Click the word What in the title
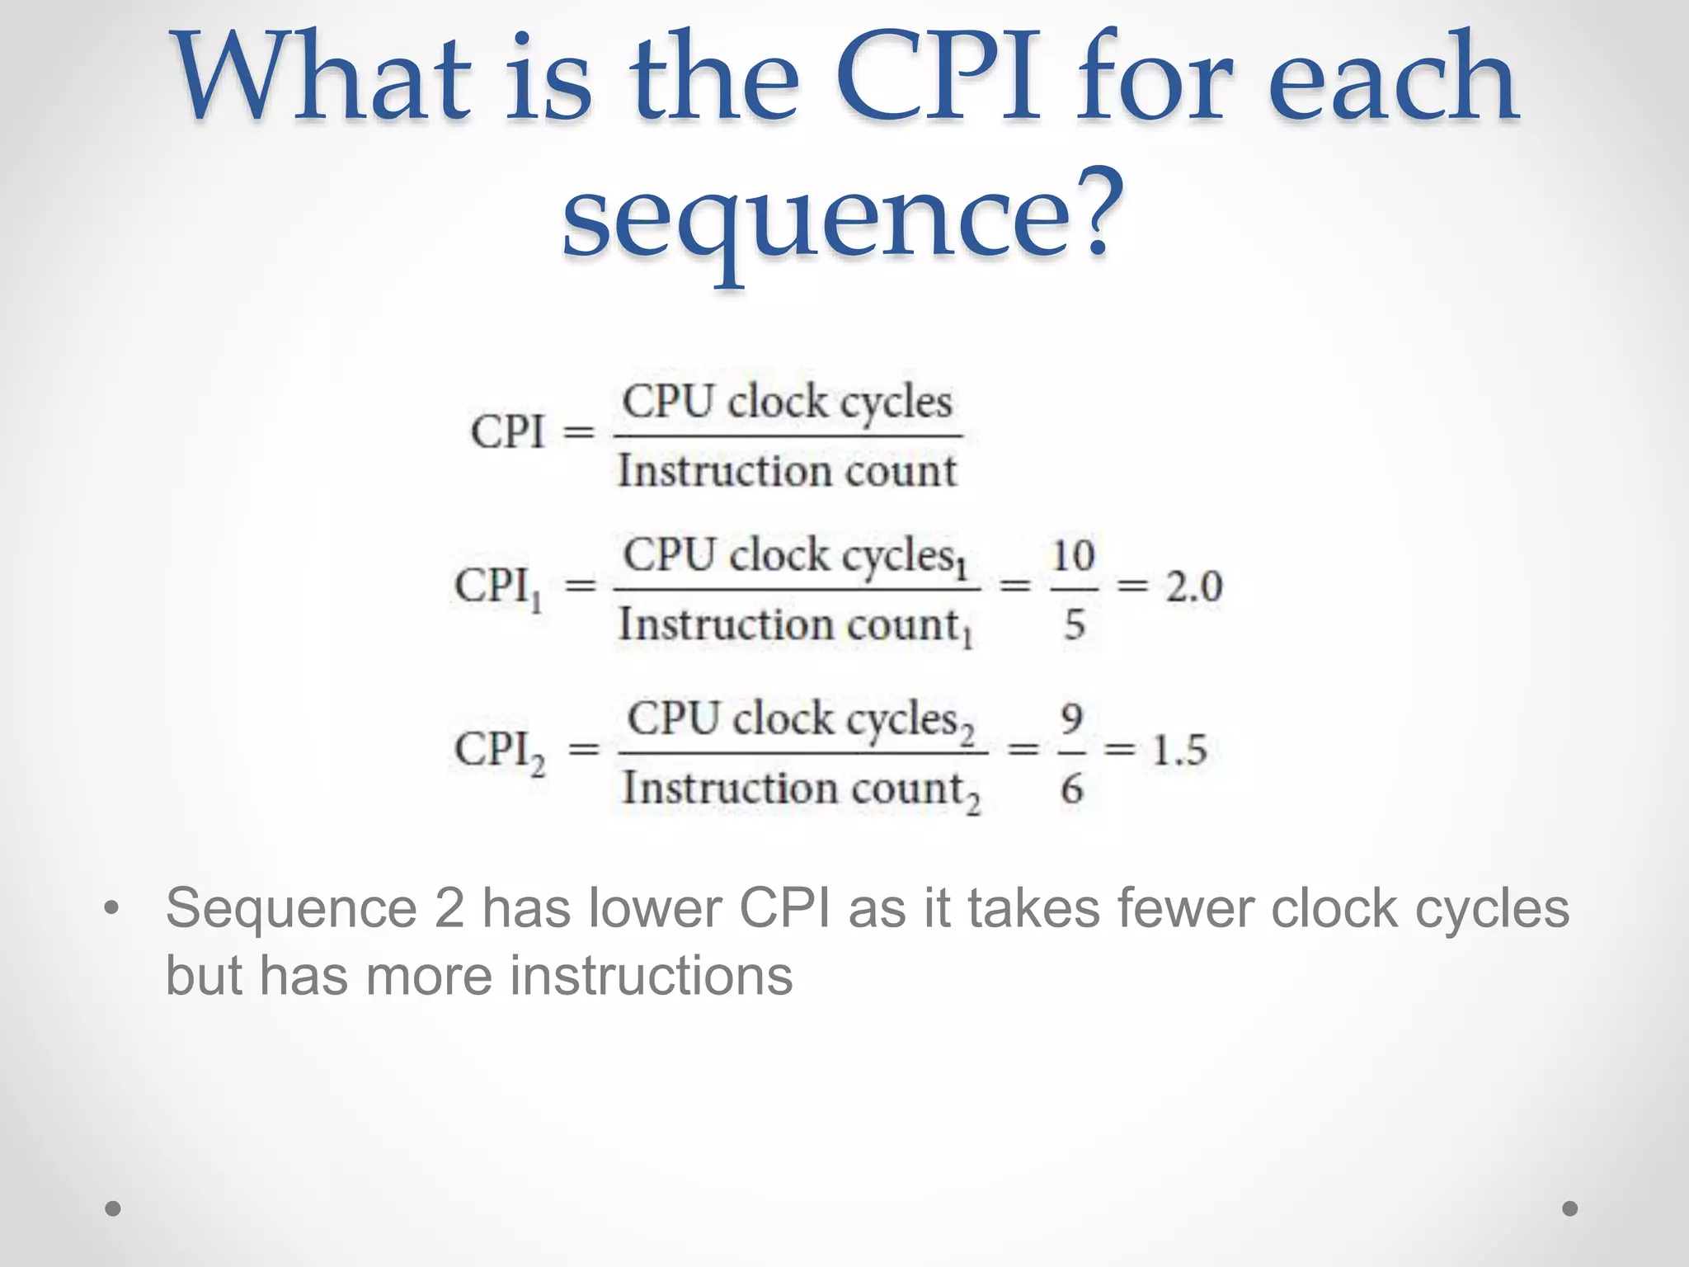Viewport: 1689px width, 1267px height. [x=322, y=78]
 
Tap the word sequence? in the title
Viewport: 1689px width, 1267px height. [x=841, y=214]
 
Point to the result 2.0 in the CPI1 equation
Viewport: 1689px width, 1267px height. [x=1193, y=586]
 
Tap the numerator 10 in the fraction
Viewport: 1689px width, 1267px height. [x=1073, y=555]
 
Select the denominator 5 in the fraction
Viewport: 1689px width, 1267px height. [x=1074, y=624]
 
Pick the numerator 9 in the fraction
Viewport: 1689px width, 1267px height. [x=1071, y=719]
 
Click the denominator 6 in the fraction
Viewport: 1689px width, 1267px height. [x=1071, y=789]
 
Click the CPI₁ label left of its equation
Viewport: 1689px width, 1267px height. [x=497, y=588]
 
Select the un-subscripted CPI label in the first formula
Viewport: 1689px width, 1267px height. [x=507, y=431]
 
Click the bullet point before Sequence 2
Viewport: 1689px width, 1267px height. [x=112, y=909]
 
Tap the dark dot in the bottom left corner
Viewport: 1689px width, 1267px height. [x=113, y=1208]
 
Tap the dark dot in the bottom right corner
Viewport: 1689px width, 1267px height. [x=1570, y=1208]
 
